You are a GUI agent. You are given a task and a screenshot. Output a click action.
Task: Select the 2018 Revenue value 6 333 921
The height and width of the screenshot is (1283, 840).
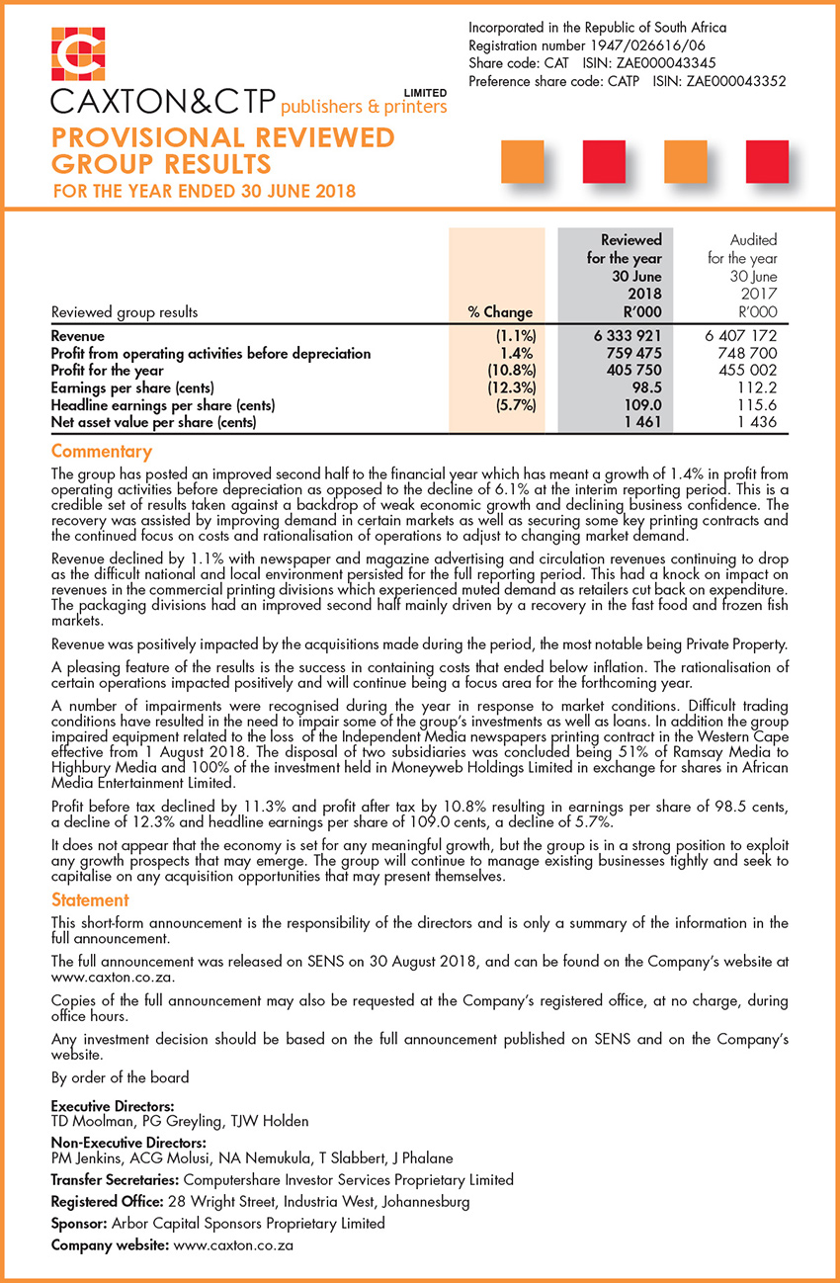(x=628, y=337)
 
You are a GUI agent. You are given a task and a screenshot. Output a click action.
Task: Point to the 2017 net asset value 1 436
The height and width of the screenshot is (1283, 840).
(x=756, y=422)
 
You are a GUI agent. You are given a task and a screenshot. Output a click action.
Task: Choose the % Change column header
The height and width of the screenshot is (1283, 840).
(x=500, y=312)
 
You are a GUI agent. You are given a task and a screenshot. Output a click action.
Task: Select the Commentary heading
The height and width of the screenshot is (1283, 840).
(x=101, y=452)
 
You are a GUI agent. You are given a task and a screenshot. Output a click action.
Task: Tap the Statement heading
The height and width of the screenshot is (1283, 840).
(x=90, y=899)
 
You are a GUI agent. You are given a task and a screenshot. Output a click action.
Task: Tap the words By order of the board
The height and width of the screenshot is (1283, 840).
(x=119, y=1076)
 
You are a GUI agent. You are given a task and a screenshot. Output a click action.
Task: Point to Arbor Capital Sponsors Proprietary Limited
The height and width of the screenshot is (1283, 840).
(x=251, y=1223)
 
